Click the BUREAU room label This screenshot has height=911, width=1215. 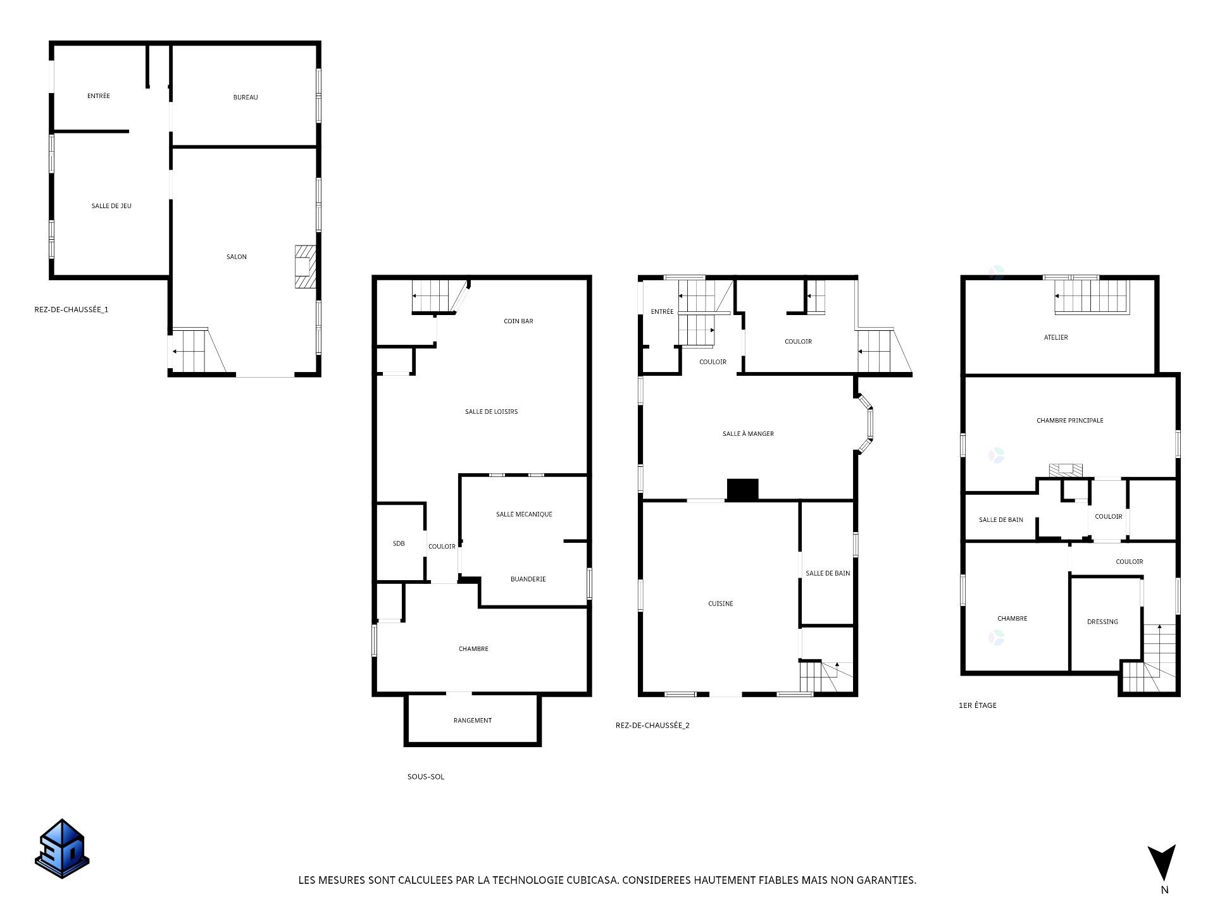point(246,97)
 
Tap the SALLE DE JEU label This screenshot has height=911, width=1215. point(111,206)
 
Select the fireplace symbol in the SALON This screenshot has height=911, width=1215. point(305,266)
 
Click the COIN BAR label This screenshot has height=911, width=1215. point(518,321)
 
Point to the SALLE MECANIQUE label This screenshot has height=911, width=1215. point(524,514)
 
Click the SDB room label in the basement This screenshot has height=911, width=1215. point(399,543)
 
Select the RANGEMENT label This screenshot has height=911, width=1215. point(473,721)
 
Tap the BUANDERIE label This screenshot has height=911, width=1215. point(528,579)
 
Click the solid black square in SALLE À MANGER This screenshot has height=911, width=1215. point(742,490)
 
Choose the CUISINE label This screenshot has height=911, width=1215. point(721,604)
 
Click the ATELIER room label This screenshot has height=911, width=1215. point(1056,338)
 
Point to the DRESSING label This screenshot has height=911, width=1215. point(1102,622)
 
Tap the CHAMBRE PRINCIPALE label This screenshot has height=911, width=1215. point(1069,421)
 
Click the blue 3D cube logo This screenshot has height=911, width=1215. point(62,849)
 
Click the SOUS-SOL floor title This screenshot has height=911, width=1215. point(426,777)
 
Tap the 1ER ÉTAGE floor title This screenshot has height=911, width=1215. point(978,705)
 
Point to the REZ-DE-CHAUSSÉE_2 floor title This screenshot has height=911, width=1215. point(652,726)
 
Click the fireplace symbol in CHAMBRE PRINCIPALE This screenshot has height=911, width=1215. point(1066,470)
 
